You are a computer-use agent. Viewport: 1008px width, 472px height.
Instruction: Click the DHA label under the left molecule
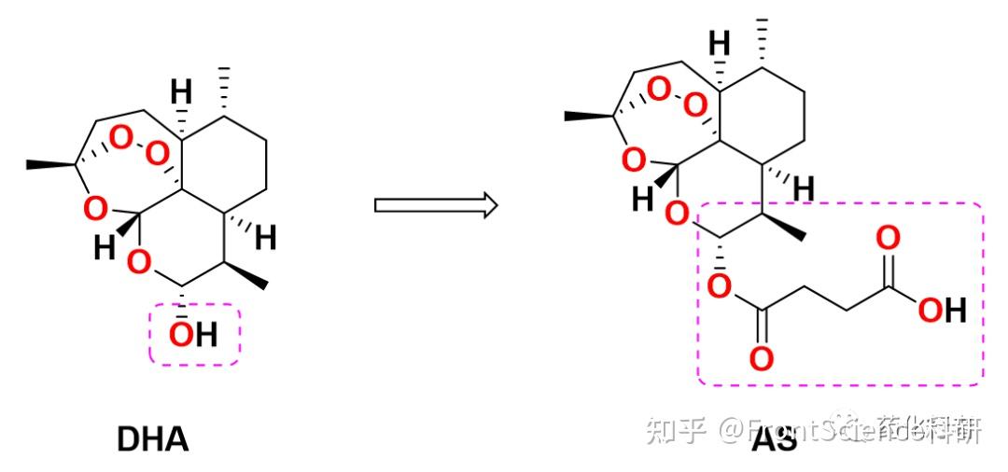point(153,438)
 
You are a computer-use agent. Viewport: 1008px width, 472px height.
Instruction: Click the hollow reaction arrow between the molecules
point(434,204)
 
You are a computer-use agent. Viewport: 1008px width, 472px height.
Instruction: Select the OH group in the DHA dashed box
point(193,333)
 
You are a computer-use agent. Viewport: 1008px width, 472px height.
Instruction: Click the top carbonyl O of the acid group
point(889,238)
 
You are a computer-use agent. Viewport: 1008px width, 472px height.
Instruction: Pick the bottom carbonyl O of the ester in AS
point(762,357)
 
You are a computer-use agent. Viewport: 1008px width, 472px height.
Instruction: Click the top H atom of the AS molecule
point(719,43)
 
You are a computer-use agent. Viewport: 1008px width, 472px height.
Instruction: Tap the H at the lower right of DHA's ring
point(266,239)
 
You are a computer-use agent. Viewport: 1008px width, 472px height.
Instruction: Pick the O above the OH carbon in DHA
point(138,264)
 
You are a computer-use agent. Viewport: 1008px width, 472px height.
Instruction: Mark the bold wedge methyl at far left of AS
point(586,116)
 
